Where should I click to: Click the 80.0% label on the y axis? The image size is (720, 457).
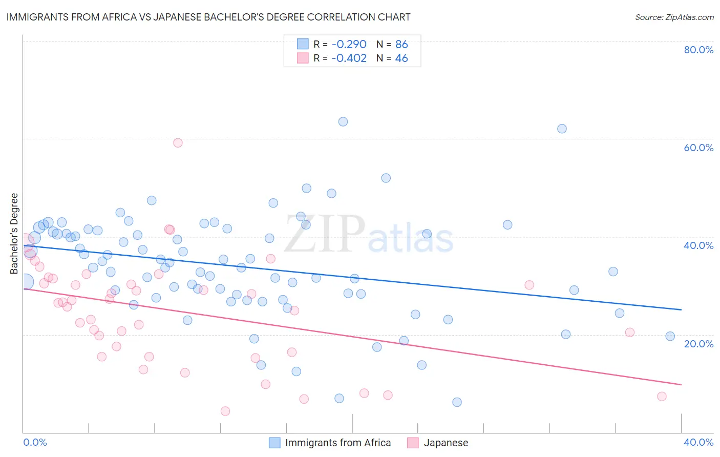click(698, 50)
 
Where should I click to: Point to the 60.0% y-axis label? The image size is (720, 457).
click(698, 148)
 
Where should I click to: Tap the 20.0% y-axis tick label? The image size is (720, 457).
click(698, 343)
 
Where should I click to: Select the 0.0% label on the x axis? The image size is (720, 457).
click(35, 442)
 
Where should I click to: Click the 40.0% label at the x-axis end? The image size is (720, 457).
click(698, 442)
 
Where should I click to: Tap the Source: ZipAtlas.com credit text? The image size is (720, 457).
click(674, 17)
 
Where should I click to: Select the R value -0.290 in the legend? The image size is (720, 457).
click(349, 44)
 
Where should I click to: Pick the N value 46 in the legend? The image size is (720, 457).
click(401, 58)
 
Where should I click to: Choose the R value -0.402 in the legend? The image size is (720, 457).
click(349, 58)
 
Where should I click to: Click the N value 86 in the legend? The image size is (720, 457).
click(401, 44)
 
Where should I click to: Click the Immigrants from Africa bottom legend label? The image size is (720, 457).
click(337, 443)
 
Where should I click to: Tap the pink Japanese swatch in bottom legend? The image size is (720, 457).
click(413, 443)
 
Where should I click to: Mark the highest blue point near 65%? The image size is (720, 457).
click(343, 121)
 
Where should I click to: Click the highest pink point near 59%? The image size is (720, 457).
click(178, 142)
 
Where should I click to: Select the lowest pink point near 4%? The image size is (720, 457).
click(225, 411)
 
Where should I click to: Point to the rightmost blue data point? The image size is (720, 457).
click(670, 336)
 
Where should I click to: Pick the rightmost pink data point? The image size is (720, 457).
click(662, 396)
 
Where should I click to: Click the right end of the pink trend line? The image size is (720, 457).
click(681, 384)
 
